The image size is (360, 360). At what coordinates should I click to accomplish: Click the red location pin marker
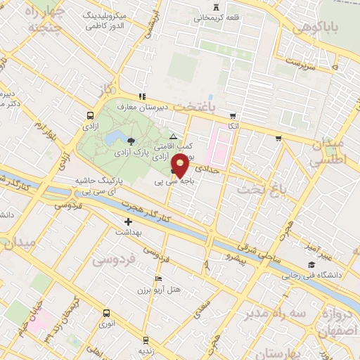coord(180,166)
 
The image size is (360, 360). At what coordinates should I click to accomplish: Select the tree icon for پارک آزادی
coord(131,143)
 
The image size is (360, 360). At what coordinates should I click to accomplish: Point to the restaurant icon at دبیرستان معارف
coord(142,96)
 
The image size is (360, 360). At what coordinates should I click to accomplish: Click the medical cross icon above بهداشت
coord(128,221)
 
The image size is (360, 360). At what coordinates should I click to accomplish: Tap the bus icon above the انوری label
coord(106,314)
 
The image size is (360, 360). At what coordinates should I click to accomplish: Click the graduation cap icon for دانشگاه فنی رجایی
coord(310,264)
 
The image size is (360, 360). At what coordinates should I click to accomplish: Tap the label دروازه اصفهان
coord(335,320)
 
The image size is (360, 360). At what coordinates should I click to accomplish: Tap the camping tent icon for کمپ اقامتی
coord(173,137)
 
